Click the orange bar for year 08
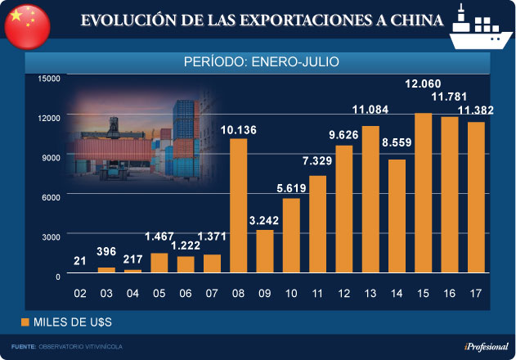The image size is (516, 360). coord(238,205)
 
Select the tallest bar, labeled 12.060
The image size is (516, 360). coord(423,193)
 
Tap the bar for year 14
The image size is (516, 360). coord(397,216)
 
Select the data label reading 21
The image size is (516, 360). coord(80,260)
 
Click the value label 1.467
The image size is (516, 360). coord(159,237)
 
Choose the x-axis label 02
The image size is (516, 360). coord(80,293)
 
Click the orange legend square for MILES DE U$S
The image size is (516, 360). coord(25,322)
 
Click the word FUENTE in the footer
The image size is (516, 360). coord(23,347)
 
